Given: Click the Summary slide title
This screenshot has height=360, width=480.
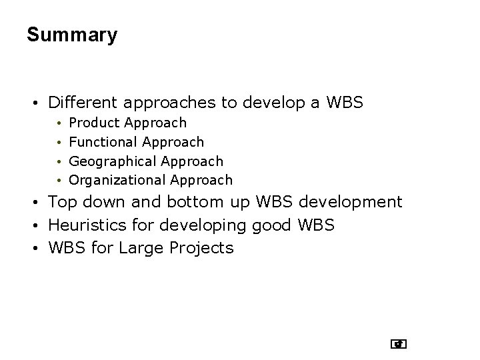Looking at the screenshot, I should pos(72,35).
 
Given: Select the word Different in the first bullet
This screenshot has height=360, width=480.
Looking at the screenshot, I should pos(82,103).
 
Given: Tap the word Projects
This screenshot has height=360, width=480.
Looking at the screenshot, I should pos(203,249).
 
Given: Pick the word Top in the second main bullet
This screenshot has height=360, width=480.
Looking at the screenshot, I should pos(62,202).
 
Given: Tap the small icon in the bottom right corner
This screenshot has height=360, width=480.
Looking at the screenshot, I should pos(399,344).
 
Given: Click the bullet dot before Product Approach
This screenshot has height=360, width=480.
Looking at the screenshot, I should pos(59,123).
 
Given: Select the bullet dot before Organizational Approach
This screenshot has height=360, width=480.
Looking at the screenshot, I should pos(59,181).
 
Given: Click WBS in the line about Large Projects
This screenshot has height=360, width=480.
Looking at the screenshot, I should pos(68,249).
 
